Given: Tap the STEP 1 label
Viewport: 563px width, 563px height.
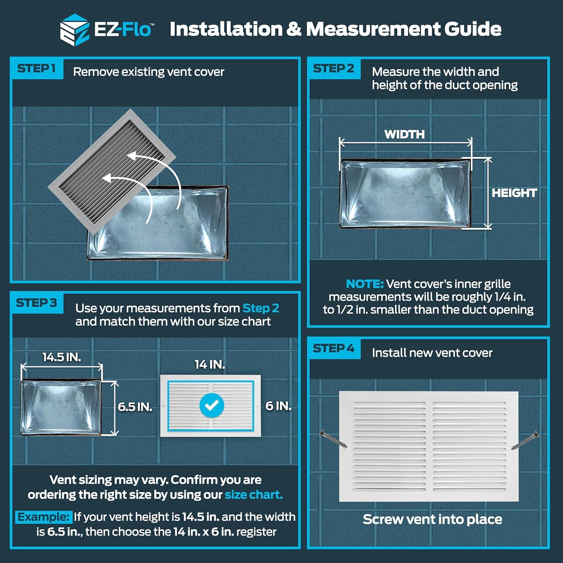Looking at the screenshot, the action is tap(36, 69).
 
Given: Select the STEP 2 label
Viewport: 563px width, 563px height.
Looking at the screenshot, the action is tap(334, 69).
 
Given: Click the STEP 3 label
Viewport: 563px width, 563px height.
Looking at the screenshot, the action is tap(36, 303).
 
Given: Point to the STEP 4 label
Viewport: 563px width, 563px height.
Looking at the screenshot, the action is tap(334, 349).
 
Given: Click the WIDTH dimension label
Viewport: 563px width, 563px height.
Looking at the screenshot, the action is tap(405, 134).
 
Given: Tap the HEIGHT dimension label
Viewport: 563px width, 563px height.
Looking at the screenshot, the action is tap(515, 193).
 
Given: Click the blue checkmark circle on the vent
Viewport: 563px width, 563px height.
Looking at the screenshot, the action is tap(212, 405).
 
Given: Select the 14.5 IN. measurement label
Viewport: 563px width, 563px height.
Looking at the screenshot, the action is tap(62, 357).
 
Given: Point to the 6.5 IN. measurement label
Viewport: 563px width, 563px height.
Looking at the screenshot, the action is tap(135, 407).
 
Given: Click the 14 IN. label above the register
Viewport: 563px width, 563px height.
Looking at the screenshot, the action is tap(210, 364).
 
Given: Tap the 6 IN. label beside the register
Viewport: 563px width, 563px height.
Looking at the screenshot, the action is tap(278, 406).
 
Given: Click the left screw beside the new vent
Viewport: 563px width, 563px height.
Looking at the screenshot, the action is tap(333, 439).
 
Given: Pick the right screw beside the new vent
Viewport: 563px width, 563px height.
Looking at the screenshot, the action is tap(525, 441).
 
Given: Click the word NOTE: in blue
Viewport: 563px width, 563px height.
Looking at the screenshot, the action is tap(365, 284).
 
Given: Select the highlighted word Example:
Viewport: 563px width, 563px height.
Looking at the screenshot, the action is tap(44, 517).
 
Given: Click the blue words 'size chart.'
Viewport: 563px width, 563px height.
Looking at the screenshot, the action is tap(254, 495).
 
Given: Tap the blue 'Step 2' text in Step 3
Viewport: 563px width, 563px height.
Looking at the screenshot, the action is tap(261, 308).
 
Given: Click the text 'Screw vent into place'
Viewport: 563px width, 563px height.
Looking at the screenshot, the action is tap(432, 519).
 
